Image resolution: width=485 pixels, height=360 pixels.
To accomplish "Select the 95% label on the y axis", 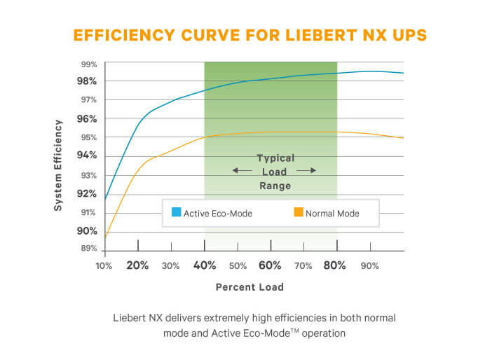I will (x=87, y=137).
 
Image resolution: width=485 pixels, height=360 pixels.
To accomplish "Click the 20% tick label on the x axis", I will (x=137, y=265).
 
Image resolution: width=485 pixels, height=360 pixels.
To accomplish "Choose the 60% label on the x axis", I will (x=270, y=265).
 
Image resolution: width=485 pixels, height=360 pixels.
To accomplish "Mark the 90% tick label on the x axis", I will (x=369, y=266).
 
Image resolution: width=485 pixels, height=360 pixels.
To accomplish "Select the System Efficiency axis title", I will (x=59, y=165).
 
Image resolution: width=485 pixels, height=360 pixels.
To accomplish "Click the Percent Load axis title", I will (x=250, y=287).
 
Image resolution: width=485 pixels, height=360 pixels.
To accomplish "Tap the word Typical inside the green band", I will (x=275, y=158).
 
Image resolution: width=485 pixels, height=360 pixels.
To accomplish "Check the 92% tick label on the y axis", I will (x=87, y=193).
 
